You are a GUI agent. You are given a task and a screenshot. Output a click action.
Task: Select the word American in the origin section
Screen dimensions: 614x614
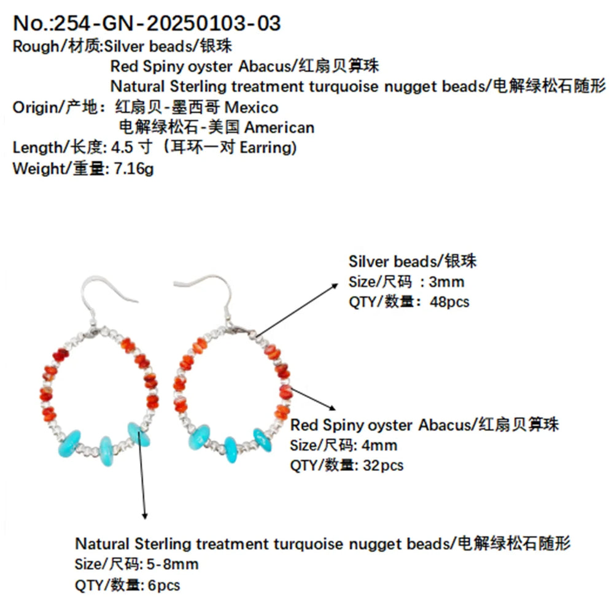click(279, 128)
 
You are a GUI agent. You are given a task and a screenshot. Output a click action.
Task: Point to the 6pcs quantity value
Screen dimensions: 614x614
click(162, 585)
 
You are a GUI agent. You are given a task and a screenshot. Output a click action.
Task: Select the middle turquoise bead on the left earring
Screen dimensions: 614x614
click(106, 451)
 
